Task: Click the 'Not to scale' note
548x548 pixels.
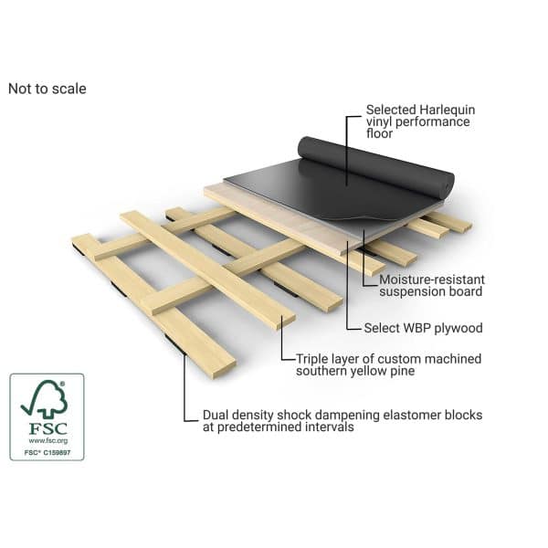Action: [x=47, y=89]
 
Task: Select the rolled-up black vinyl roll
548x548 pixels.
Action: [x=376, y=168]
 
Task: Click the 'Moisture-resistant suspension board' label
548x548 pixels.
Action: [x=432, y=286]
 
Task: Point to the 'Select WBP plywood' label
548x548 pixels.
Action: [x=423, y=328]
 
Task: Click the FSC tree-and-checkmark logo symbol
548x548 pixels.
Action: [x=45, y=399]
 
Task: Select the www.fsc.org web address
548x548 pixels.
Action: [x=47, y=441]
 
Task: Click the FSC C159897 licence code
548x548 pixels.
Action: [x=47, y=453]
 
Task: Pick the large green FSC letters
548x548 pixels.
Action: [x=47, y=428]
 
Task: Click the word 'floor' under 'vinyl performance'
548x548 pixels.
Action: [x=380, y=133]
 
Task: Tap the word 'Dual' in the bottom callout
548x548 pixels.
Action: [x=216, y=415]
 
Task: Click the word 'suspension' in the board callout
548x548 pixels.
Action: [x=411, y=292]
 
